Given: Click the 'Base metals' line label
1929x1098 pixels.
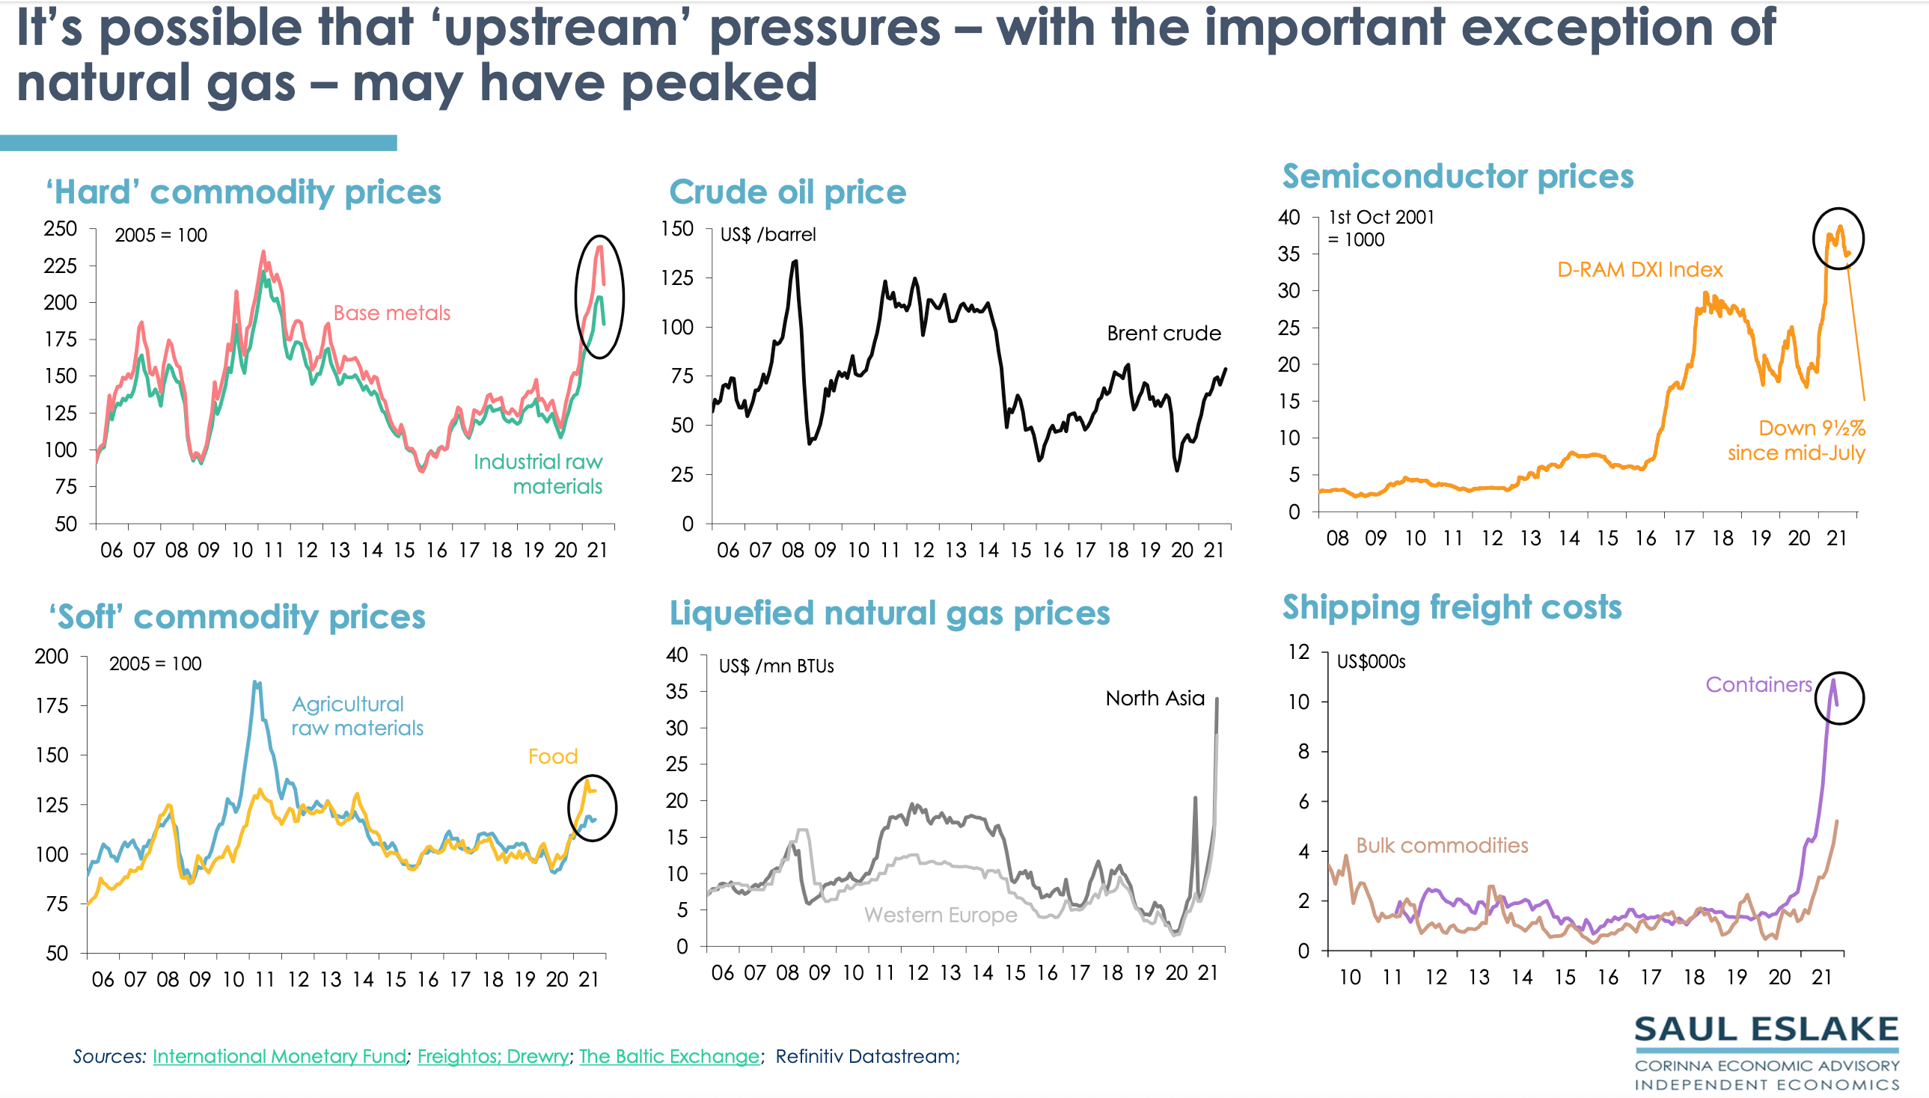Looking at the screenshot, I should [x=391, y=313].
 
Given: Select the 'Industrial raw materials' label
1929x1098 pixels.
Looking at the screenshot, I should [x=538, y=473].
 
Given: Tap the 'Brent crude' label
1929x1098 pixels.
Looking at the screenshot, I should [x=1164, y=334].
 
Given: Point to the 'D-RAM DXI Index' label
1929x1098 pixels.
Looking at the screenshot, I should [x=1640, y=270].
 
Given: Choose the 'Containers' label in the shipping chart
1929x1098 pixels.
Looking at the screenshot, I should [x=1758, y=684].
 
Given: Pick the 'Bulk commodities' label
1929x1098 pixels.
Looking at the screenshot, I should [x=1442, y=845].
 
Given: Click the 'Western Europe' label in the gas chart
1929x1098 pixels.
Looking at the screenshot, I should [x=940, y=915].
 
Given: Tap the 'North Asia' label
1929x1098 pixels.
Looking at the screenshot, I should [x=1155, y=699].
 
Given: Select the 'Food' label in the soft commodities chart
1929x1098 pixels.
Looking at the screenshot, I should [x=552, y=756].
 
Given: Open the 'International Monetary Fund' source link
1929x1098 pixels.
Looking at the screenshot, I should [x=279, y=1057].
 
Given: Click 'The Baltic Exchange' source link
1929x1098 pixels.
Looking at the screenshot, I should [x=669, y=1057].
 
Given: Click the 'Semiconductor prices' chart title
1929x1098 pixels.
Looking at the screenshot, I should [x=1458, y=177].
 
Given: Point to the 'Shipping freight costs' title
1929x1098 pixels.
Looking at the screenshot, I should [x=1452, y=607].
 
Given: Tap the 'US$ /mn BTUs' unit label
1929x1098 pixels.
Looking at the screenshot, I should [x=775, y=666].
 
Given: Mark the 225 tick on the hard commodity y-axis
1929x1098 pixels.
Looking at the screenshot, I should [x=61, y=266].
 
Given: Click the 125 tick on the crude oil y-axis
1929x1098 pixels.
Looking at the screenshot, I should [x=676, y=277].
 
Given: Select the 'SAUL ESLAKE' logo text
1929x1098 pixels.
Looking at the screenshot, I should [x=1766, y=1030].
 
